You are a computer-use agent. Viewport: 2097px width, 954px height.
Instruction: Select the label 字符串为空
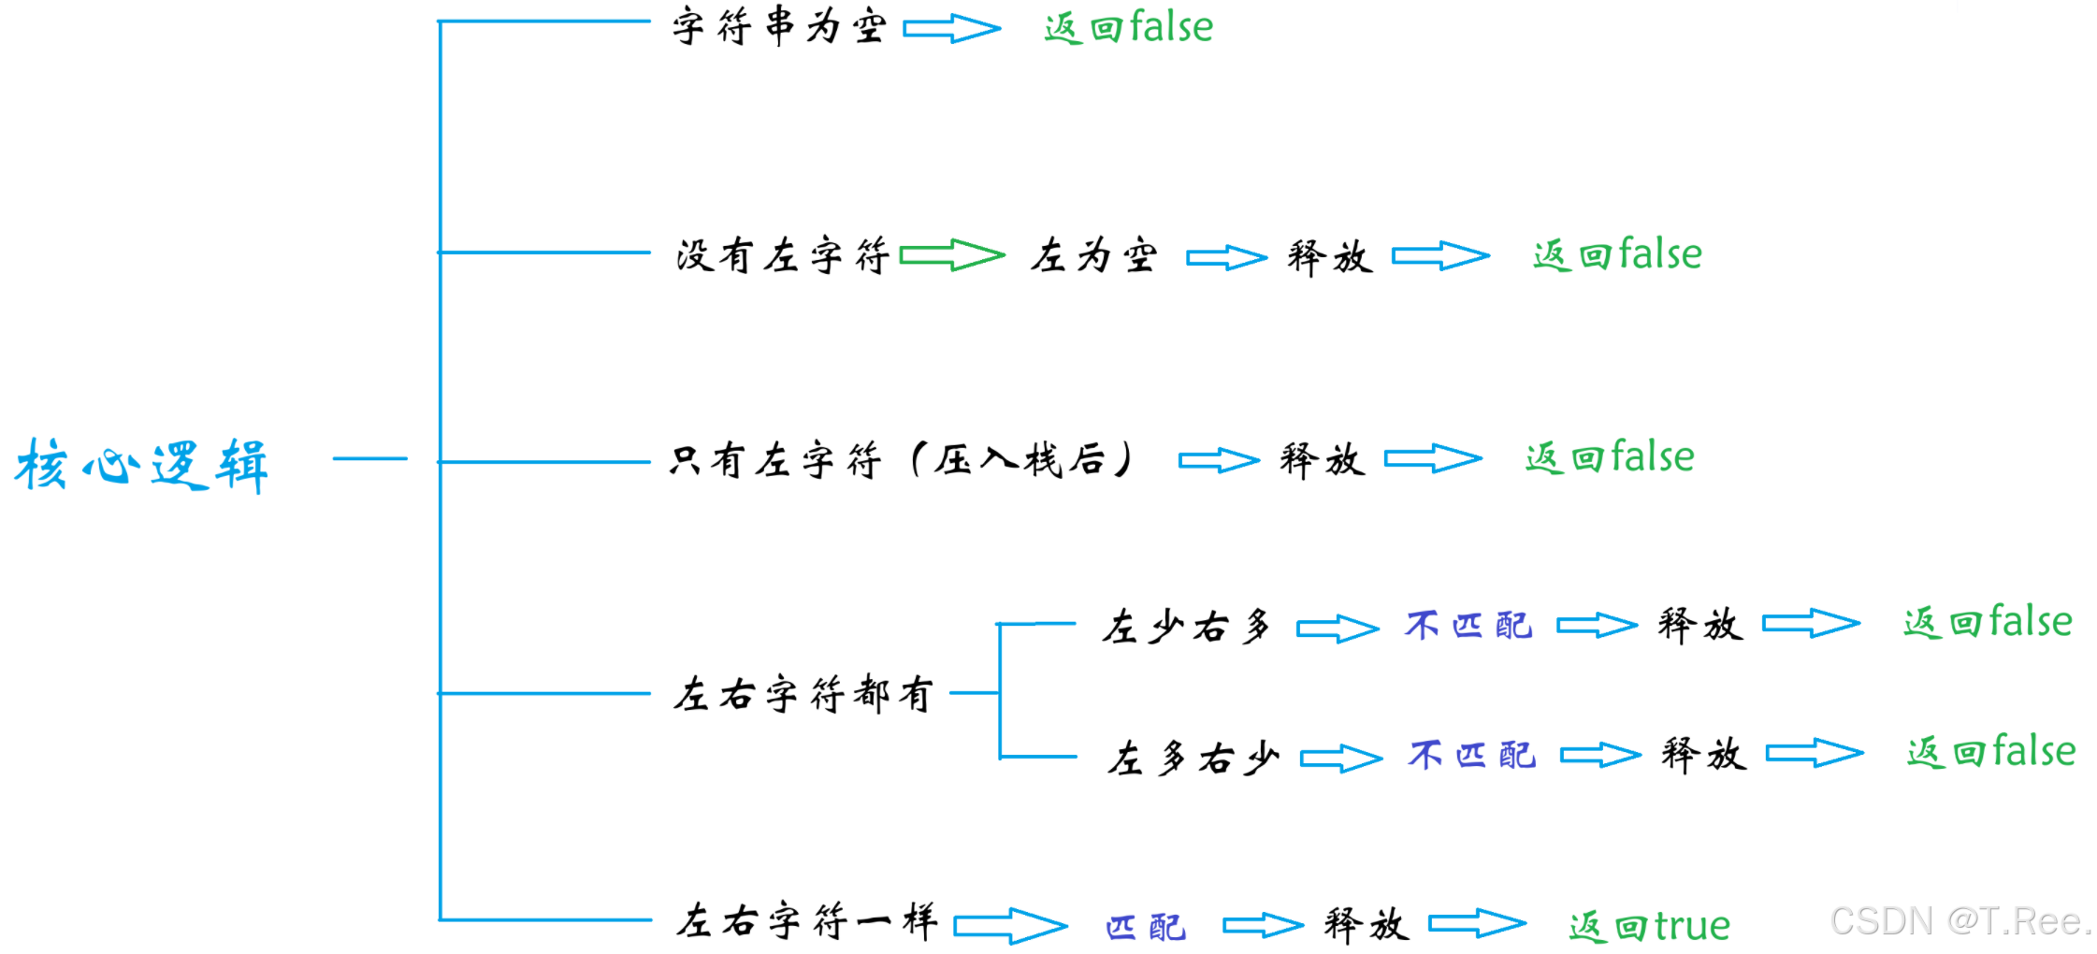[778, 26]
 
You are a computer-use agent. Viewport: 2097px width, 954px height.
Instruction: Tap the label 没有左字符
[782, 255]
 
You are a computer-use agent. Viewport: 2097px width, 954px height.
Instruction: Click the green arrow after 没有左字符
[951, 254]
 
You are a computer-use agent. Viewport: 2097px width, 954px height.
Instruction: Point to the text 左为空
[1093, 255]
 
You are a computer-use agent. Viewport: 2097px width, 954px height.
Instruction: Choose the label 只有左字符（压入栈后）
[902, 460]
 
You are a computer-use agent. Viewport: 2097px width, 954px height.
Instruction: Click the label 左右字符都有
[803, 694]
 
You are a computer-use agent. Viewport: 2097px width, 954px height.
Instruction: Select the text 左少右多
[1186, 626]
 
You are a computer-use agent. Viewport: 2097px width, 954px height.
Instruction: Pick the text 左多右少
[1192, 758]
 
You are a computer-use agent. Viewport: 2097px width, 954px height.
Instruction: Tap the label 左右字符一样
[806, 922]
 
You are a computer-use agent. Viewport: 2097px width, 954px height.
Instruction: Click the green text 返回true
[1649, 926]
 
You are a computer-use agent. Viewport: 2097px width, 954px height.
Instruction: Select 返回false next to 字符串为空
[1128, 27]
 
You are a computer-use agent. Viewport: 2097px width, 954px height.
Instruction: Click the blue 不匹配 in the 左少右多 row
[1468, 625]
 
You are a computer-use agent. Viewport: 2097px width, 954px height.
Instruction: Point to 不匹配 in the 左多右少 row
[1471, 755]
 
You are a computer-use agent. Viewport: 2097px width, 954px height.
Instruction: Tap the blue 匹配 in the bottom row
[1145, 927]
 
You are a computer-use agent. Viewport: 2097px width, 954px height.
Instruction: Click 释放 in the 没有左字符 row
[1329, 256]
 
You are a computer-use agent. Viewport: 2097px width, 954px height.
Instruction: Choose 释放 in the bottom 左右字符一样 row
[1366, 924]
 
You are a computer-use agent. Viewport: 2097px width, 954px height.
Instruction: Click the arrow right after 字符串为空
[951, 28]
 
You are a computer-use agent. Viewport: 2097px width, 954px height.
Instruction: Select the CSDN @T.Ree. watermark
[1960, 922]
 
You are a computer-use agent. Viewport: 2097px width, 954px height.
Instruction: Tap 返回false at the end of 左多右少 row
[1990, 752]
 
